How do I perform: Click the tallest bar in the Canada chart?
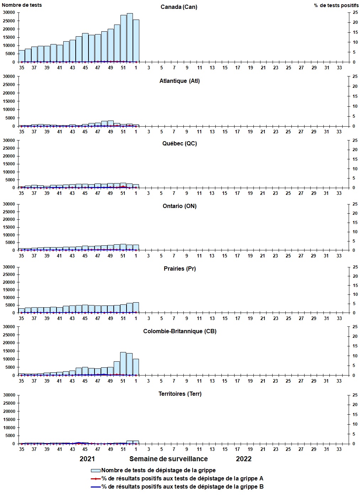pyautogui.click(x=130, y=38)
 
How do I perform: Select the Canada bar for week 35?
pyautogui.click(x=22, y=56)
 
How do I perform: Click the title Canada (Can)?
pyautogui.click(x=179, y=7)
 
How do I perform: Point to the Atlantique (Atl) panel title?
pyautogui.click(x=179, y=81)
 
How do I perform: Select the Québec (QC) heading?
pyautogui.click(x=179, y=144)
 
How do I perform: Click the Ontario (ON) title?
pyautogui.click(x=179, y=206)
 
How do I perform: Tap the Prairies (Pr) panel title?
pyautogui.click(x=179, y=269)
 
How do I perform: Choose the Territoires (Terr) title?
pyautogui.click(x=180, y=394)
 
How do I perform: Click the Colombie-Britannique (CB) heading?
pyautogui.click(x=180, y=331)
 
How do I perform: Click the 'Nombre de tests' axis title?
pyautogui.click(x=22, y=5)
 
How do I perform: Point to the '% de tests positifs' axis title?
pyautogui.click(x=336, y=5)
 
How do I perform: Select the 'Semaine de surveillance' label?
pyautogui.click(x=168, y=459)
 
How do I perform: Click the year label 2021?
pyautogui.click(x=87, y=459)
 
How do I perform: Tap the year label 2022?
pyautogui.click(x=244, y=459)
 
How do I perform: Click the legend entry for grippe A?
pyautogui.click(x=182, y=479)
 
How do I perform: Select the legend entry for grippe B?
pyautogui.click(x=182, y=487)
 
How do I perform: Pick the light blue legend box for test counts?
pyautogui.click(x=96, y=470)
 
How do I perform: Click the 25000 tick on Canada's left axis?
pyautogui.click(x=9, y=21)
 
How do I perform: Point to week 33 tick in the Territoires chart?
pyautogui.click(x=339, y=449)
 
